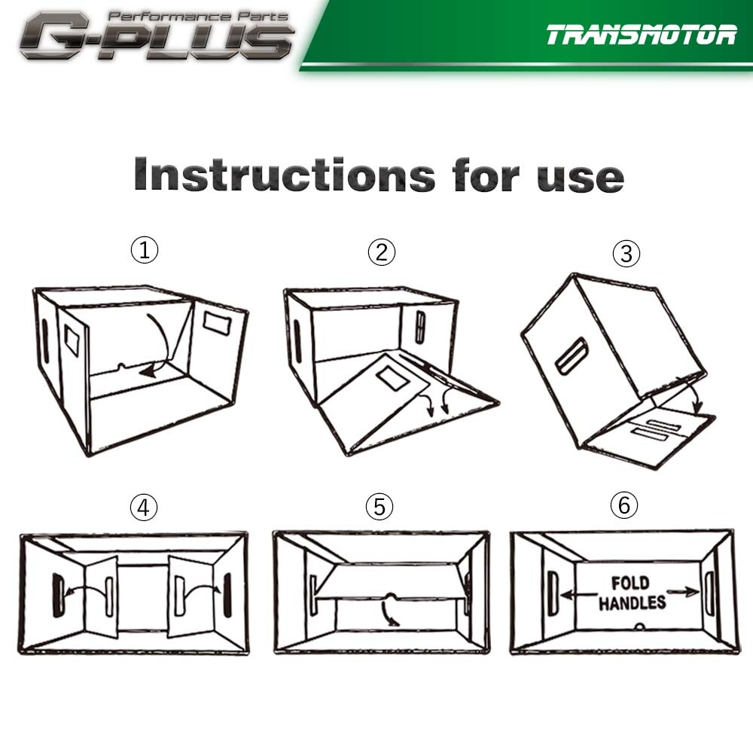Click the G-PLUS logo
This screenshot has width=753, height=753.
[156, 35]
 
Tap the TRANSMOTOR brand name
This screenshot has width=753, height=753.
[641, 35]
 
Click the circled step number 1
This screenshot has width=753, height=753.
[144, 250]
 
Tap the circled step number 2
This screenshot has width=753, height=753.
[382, 252]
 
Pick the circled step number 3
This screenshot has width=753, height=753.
[626, 253]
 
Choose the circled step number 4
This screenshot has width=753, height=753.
[144, 507]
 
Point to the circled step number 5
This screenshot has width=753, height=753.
[380, 507]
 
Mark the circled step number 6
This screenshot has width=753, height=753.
[624, 505]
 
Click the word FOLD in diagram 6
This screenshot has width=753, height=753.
[630, 583]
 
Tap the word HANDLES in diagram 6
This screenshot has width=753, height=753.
[632, 602]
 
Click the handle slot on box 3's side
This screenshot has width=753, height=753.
[572, 356]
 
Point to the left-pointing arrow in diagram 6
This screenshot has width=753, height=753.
[578, 595]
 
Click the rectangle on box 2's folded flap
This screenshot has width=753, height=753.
[393, 378]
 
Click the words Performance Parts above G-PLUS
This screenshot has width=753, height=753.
[197, 17]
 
